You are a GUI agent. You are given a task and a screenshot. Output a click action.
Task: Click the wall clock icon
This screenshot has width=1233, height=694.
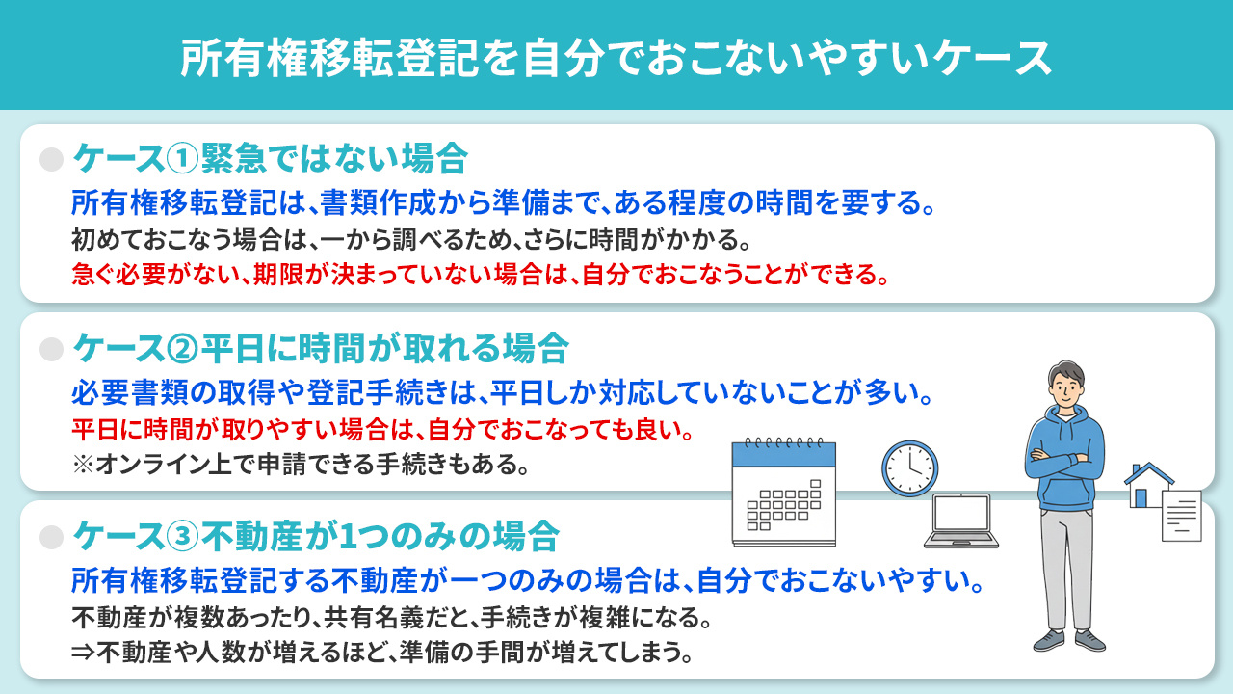(909, 469)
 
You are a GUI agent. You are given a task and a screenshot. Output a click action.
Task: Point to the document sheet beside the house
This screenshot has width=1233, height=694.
(1182, 515)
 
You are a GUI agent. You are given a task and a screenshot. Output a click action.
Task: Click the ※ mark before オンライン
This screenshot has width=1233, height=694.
(81, 466)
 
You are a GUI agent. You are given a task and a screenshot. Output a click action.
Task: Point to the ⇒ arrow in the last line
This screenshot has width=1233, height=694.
(83, 653)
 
